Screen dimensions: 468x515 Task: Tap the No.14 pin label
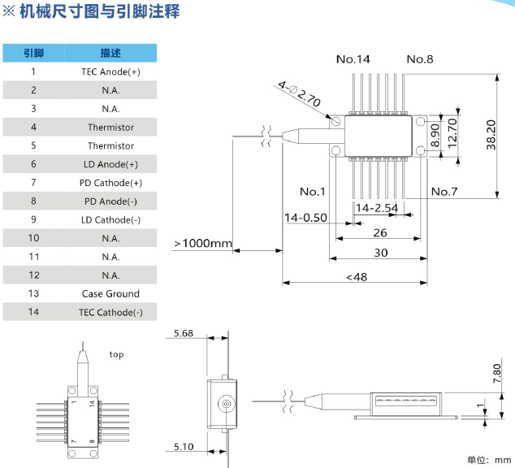click(x=353, y=59)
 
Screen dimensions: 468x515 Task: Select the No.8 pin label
click(x=420, y=59)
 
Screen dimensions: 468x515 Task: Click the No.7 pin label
click(x=444, y=192)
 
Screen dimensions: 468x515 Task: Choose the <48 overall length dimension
click(x=356, y=277)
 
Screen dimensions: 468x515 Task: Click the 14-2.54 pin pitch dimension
click(x=376, y=208)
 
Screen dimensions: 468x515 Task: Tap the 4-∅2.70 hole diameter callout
click(x=300, y=94)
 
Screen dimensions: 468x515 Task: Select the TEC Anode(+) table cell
click(x=110, y=71)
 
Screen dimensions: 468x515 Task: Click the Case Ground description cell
click(x=110, y=294)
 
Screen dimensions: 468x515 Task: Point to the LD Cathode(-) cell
click(x=110, y=220)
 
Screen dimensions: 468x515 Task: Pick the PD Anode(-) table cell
click(x=110, y=201)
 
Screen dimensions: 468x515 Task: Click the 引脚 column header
click(x=33, y=53)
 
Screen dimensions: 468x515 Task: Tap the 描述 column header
click(x=110, y=53)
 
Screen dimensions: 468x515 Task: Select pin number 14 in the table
click(x=33, y=313)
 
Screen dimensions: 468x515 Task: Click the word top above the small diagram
click(x=117, y=354)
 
